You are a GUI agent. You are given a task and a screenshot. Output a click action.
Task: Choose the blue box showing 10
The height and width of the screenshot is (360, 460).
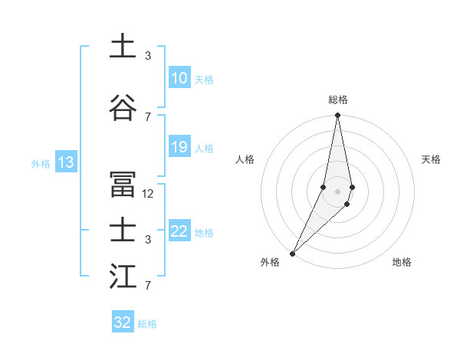click(x=179, y=78)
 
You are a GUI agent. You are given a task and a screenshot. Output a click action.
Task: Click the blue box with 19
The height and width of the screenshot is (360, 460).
click(x=179, y=147)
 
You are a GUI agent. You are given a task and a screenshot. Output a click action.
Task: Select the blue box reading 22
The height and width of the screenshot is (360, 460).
click(x=179, y=232)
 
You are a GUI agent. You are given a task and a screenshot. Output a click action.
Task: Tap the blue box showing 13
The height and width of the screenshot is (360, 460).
click(x=65, y=162)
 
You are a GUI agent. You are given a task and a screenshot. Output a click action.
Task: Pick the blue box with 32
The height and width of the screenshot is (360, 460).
click(x=123, y=322)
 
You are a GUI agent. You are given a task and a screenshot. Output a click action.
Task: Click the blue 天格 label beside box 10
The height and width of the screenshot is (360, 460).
click(x=204, y=79)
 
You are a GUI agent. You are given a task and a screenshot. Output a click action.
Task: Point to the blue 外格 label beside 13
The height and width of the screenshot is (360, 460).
click(x=41, y=163)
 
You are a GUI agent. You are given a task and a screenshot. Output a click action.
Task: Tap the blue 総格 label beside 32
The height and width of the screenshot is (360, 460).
click(x=147, y=324)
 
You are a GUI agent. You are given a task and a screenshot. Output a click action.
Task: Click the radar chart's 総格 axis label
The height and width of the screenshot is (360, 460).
click(x=337, y=100)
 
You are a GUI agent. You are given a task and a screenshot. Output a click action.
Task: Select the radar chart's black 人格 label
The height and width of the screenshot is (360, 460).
click(x=245, y=159)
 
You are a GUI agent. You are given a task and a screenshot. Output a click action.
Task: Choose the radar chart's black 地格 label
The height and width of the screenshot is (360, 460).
click(x=402, y=262)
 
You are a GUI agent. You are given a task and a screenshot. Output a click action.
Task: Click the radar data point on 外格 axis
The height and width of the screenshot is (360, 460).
click(x=293, y=253)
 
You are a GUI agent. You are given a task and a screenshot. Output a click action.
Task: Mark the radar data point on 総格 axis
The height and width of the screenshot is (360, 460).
click(x=337, y=116)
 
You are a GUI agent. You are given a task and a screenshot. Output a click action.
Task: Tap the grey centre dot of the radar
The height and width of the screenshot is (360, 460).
click(x=337, y=191)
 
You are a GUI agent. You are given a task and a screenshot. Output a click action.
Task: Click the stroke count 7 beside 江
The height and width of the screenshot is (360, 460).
click(x=148, y=286)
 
